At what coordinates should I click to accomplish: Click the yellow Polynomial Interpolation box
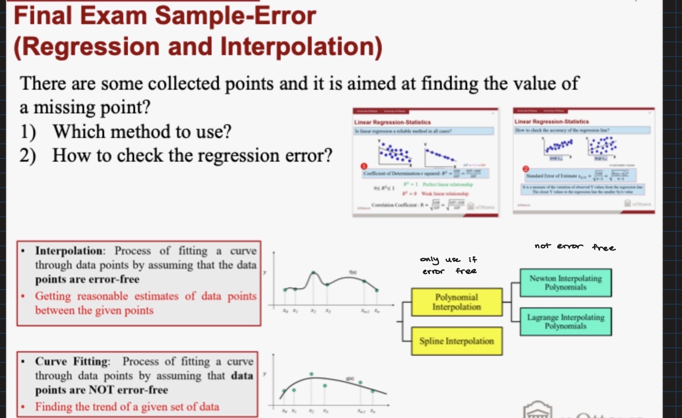tap(456, 302)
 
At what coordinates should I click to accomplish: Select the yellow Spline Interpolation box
tap(456, 341)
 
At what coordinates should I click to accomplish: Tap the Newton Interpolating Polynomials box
tap(566, 283)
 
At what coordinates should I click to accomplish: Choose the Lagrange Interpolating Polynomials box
tap(566, 321)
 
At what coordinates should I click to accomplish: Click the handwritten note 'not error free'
tap(575, 246)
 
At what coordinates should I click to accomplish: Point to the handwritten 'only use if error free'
tap(449, 265)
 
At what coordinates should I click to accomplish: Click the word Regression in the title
tap(86, 47)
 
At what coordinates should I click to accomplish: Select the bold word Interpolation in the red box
tap(69, 251)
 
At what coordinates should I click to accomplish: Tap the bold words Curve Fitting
tap(72, 362)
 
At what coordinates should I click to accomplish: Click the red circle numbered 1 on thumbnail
tap(364, 166)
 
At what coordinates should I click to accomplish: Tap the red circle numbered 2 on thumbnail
tap(525, 169)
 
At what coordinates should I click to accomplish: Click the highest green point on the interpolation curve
tap(313, 273)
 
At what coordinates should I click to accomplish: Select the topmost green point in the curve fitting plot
tap(311, 374)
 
